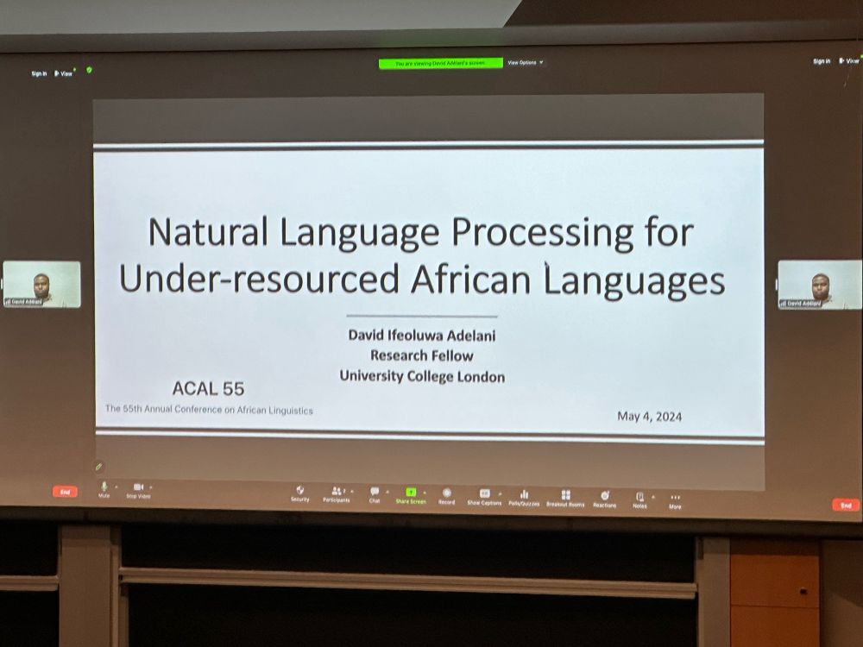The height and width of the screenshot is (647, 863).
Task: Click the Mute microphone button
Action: tap(104, 488)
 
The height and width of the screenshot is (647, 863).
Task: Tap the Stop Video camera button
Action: tap(138, 488)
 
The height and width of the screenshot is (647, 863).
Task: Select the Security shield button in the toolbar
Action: tap(299, 493)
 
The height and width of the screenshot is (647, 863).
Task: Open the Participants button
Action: tap(337, 493)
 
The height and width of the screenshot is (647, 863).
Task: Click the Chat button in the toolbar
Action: tap(375, 493)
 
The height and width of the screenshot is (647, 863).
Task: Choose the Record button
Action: tap(446, 494)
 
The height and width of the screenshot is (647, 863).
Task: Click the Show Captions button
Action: tap(485, 495)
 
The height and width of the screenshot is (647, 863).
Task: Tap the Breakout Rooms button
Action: tap(565, 497)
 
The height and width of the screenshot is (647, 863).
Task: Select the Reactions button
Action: tap(604, 498)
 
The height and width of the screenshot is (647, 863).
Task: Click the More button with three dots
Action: tap(675, 499)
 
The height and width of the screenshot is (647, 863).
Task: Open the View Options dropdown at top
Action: tap(525, 63)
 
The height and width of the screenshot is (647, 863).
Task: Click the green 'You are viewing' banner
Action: tap(440, 63)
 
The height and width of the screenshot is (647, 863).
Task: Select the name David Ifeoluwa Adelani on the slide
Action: tap(421, 334)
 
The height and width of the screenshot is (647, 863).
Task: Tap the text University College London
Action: tap(421, 376)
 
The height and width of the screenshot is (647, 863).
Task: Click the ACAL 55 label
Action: tap(208, 388)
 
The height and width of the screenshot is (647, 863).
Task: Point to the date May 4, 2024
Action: tap(649, 417)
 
